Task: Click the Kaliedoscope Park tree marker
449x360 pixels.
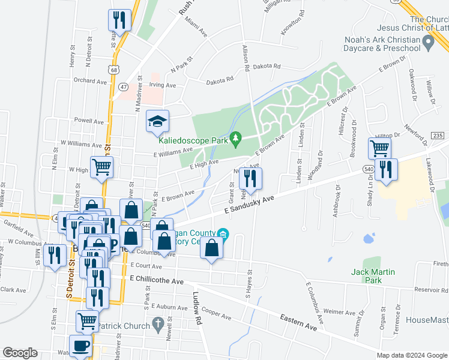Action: [x=237, y=139]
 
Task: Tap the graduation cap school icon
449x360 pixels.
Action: [x=158, y=122]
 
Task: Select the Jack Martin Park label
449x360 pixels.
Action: [x=373, y=276]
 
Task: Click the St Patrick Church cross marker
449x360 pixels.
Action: [x=158, y=325]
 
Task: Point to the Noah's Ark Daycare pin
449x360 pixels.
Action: [x=428, y=42]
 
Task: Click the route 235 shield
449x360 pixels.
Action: [x=437, y=136]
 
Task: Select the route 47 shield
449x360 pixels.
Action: [x=123, y=86]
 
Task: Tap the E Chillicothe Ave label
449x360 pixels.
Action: [x=156, y=280]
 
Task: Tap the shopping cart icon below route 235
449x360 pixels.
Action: [x=379, y=147]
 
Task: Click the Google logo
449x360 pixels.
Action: [x=20, y=353]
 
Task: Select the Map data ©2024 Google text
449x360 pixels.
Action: [x=412, y=355]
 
